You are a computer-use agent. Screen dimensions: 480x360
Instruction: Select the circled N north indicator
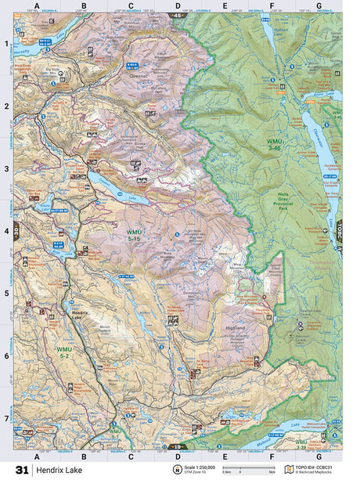(x=178, y=470)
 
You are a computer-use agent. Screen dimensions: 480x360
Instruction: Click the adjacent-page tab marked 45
(x=178, y=15)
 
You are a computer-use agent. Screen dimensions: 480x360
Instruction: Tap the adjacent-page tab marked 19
(x=178, y=447)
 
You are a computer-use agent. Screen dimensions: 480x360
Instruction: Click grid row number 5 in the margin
(x=7, y=294)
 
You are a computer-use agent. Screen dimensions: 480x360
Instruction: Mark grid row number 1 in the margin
(x=7, y=44)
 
